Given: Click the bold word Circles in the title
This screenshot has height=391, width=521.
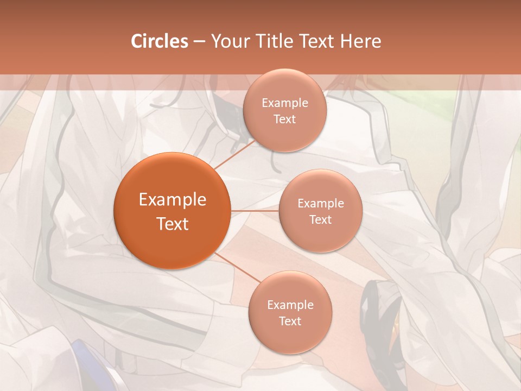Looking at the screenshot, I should [160, 41].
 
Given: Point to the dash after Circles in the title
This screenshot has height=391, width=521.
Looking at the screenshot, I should [199, 41].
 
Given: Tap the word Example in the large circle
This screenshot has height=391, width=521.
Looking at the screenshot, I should [173, 200].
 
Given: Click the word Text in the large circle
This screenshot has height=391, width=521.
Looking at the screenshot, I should [173, 223].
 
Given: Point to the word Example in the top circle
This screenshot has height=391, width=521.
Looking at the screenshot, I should [285, 103].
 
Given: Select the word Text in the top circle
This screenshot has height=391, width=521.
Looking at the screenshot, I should [285, 119].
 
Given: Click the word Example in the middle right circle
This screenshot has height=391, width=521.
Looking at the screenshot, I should [321, 203].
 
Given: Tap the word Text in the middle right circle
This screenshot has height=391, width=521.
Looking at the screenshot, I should [321, 219].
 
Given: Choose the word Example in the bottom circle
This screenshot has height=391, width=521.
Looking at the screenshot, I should [290, 305].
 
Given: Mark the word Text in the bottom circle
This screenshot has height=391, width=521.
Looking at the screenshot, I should [290, 321].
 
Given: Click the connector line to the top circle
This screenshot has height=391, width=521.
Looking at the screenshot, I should [234, 155].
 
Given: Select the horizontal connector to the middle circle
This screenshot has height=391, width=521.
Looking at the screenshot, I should [255, 211].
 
